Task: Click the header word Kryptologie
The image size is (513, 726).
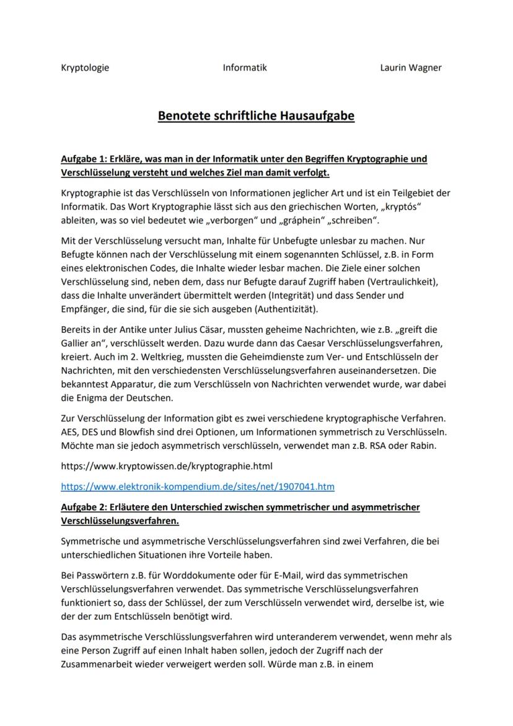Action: click(x=85, y=68)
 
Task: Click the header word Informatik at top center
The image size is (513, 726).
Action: click(x=245, y=68)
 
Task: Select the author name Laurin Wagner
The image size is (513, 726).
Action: click(x=411, y=68)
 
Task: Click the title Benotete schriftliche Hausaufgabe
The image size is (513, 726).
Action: click(x=256, y=116)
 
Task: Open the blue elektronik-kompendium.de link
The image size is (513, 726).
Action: click(x=198, y=487)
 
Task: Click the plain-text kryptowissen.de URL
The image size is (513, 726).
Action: click(x=167, y=465)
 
